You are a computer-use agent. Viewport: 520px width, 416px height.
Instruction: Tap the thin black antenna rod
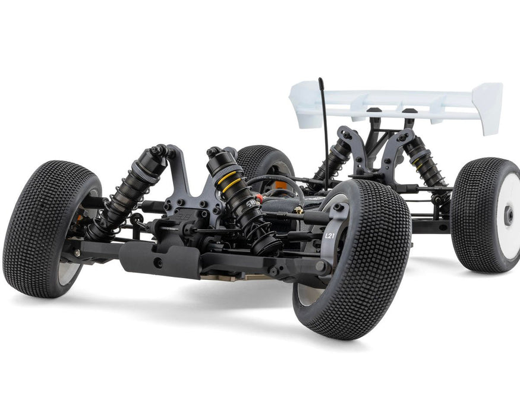pos(324,131)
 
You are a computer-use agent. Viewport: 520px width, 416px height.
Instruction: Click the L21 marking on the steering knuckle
pos(330,235)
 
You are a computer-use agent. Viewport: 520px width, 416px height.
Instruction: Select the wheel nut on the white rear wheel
pos(509,216)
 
